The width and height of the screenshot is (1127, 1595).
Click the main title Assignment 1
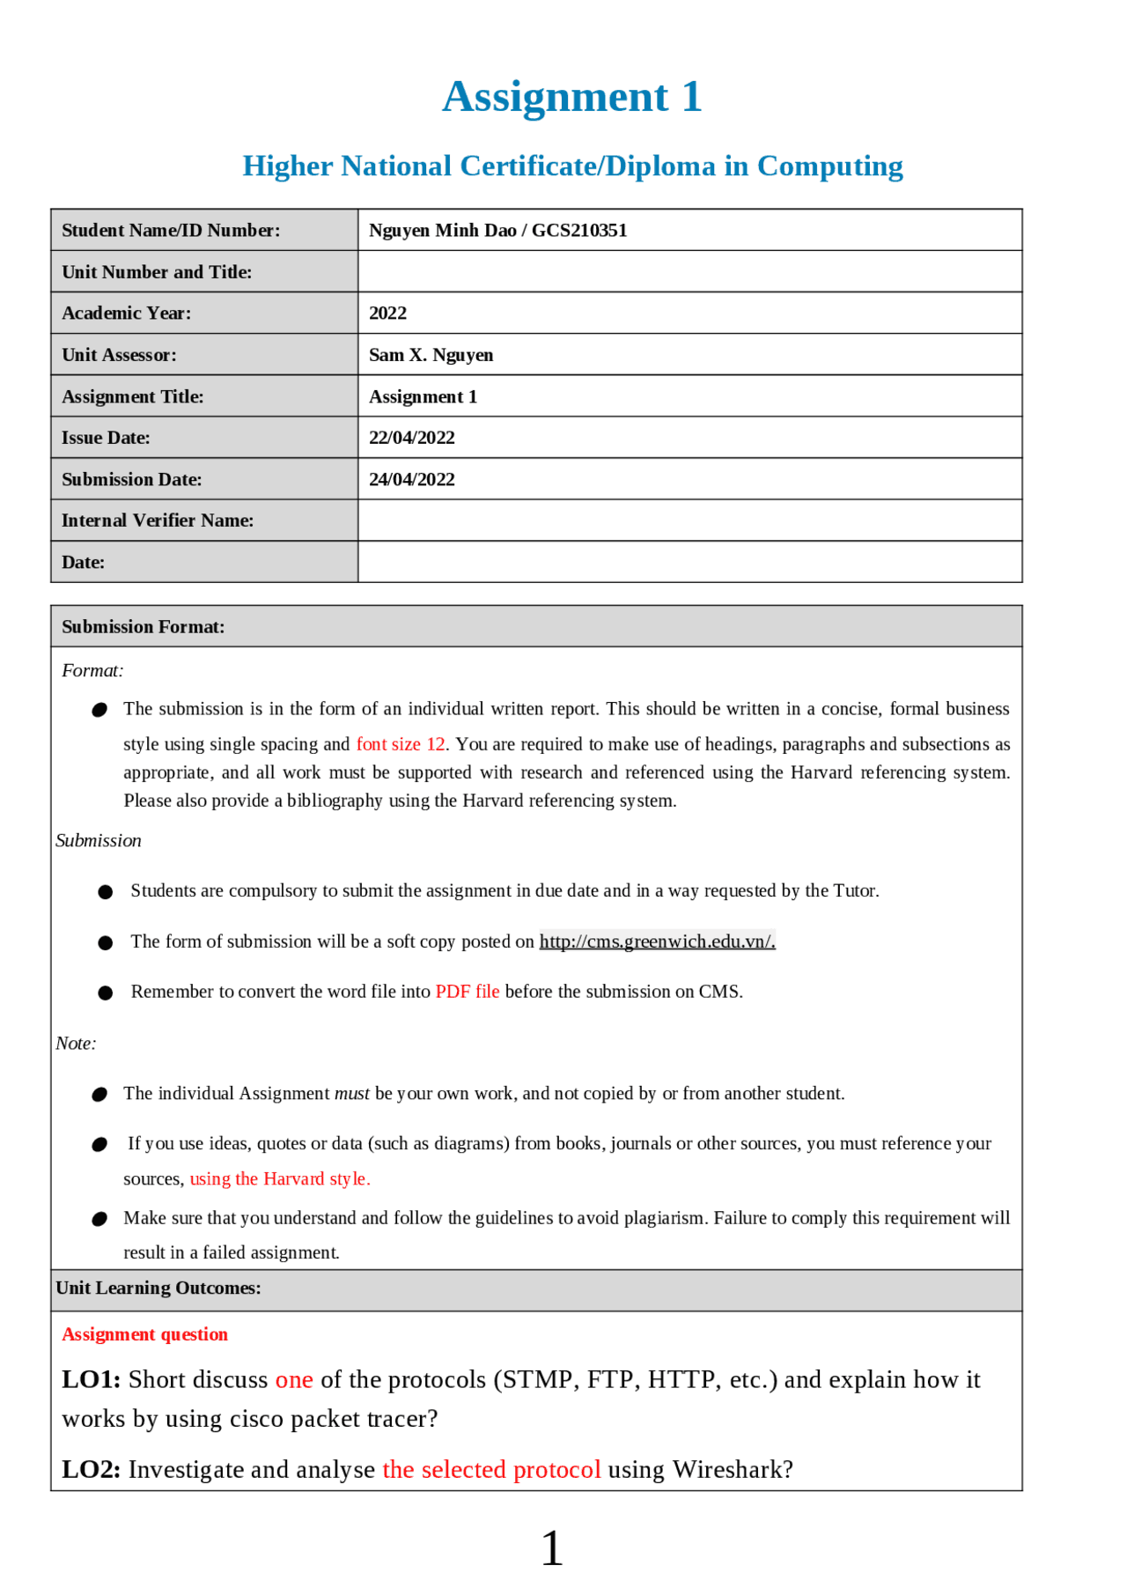(571, 97)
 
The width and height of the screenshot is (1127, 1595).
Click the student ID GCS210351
(579, 231)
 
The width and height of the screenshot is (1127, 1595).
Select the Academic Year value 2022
(387, 314)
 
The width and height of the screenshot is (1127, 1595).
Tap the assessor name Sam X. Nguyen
(431, 355)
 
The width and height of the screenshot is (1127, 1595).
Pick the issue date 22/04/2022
(411, 438)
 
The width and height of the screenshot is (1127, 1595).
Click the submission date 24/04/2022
(411, 479)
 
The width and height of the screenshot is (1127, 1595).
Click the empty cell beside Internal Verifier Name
(689, 521)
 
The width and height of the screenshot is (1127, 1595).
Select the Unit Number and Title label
(157, 272)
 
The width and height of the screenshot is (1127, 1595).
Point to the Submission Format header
(143, 627)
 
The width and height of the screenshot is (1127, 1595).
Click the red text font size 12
(400, 744)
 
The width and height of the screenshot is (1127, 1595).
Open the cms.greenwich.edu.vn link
(657, 941)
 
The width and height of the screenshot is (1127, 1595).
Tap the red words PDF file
(467, 992)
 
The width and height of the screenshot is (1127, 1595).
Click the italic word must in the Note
(351, 1094)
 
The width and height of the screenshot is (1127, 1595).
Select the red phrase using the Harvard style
(279, 1179)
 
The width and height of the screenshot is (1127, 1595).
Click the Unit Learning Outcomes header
(158, 1289)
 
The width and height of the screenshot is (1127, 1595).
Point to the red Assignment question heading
(144, 1335)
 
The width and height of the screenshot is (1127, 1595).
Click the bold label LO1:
(91, 1380)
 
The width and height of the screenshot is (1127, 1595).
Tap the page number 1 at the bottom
(551, 1548)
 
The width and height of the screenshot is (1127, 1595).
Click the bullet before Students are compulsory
(106, 892)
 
